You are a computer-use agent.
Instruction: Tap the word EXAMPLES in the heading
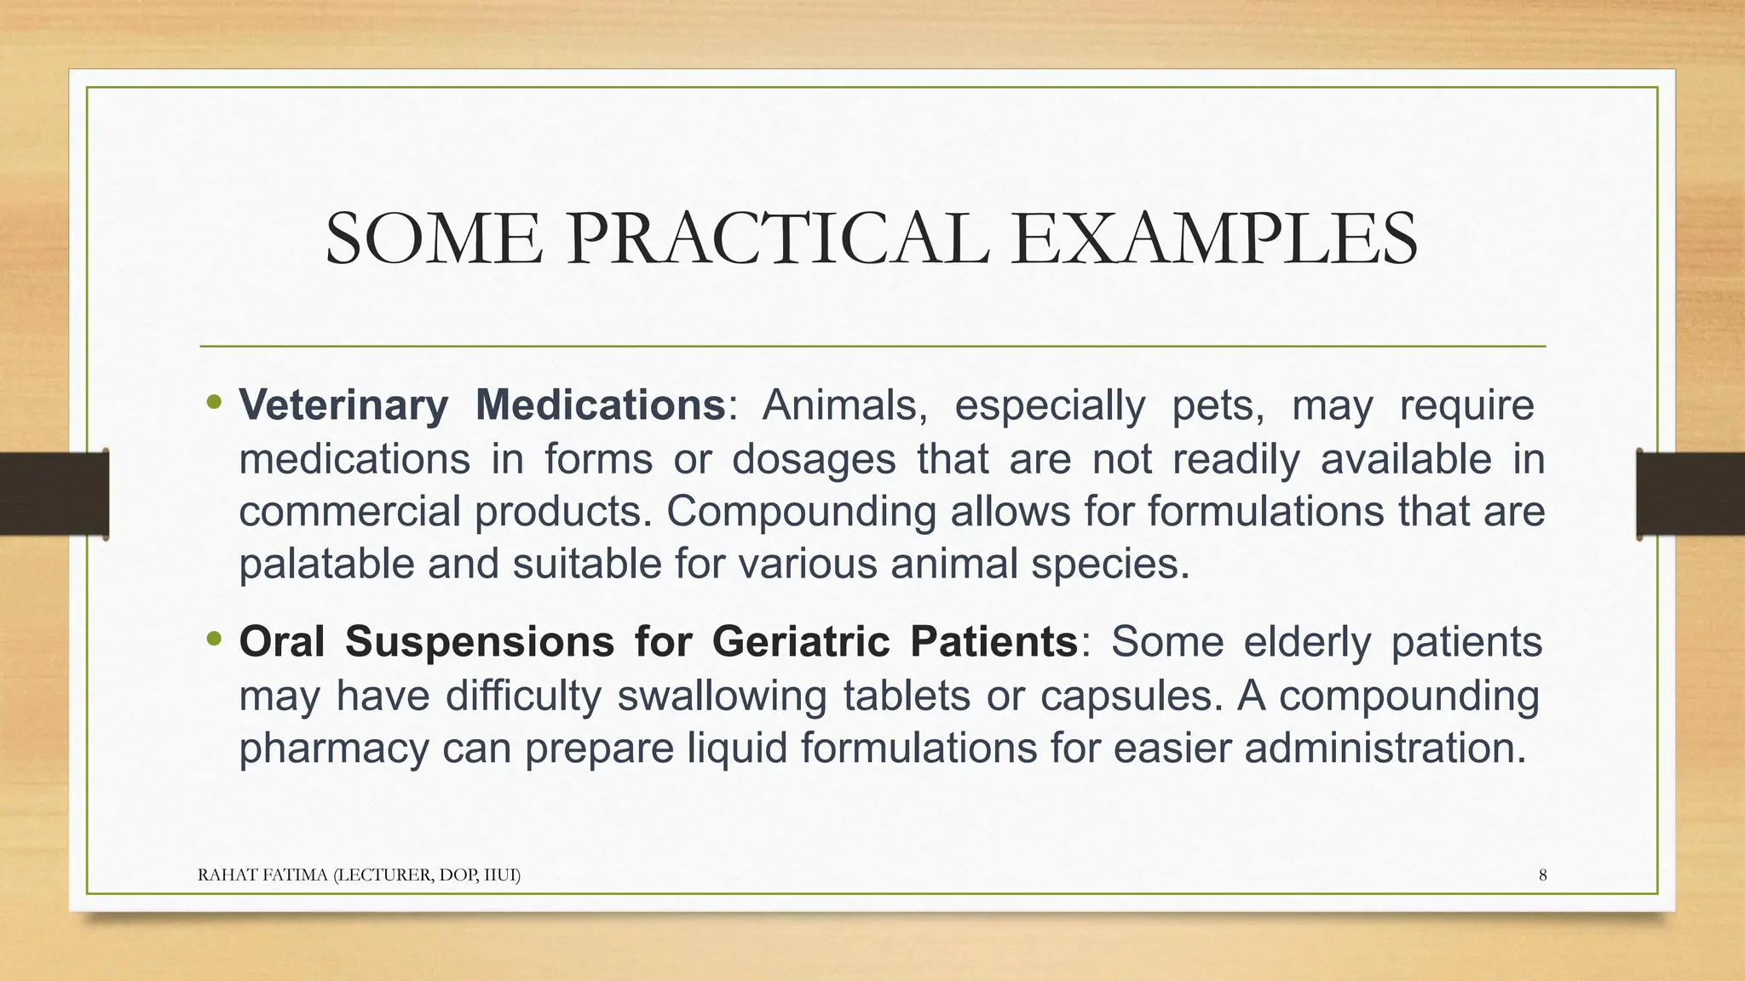1215,239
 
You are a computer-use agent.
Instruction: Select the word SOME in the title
433,239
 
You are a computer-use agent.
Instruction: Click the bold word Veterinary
343,405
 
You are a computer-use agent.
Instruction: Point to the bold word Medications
600,405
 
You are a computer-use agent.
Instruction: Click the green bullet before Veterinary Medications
214,401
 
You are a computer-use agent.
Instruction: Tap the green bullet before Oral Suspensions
214,638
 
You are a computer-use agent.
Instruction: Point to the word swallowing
721,696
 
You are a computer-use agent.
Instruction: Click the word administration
1385,749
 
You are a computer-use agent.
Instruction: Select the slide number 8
1542,875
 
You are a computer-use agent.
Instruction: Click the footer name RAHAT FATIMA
264,875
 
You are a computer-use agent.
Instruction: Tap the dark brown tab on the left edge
54,494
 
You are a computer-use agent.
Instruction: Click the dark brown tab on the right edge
1690,494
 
